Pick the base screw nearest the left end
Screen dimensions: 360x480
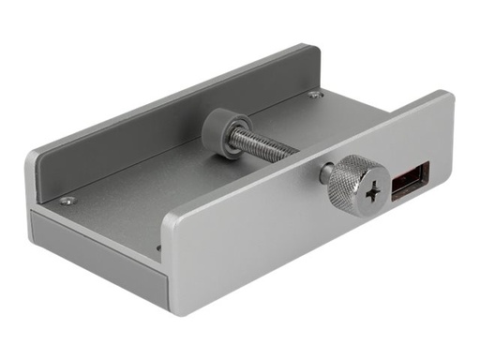point(67,201)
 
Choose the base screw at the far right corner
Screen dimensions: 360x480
point(316,95)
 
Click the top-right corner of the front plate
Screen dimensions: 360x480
point(447,96)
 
